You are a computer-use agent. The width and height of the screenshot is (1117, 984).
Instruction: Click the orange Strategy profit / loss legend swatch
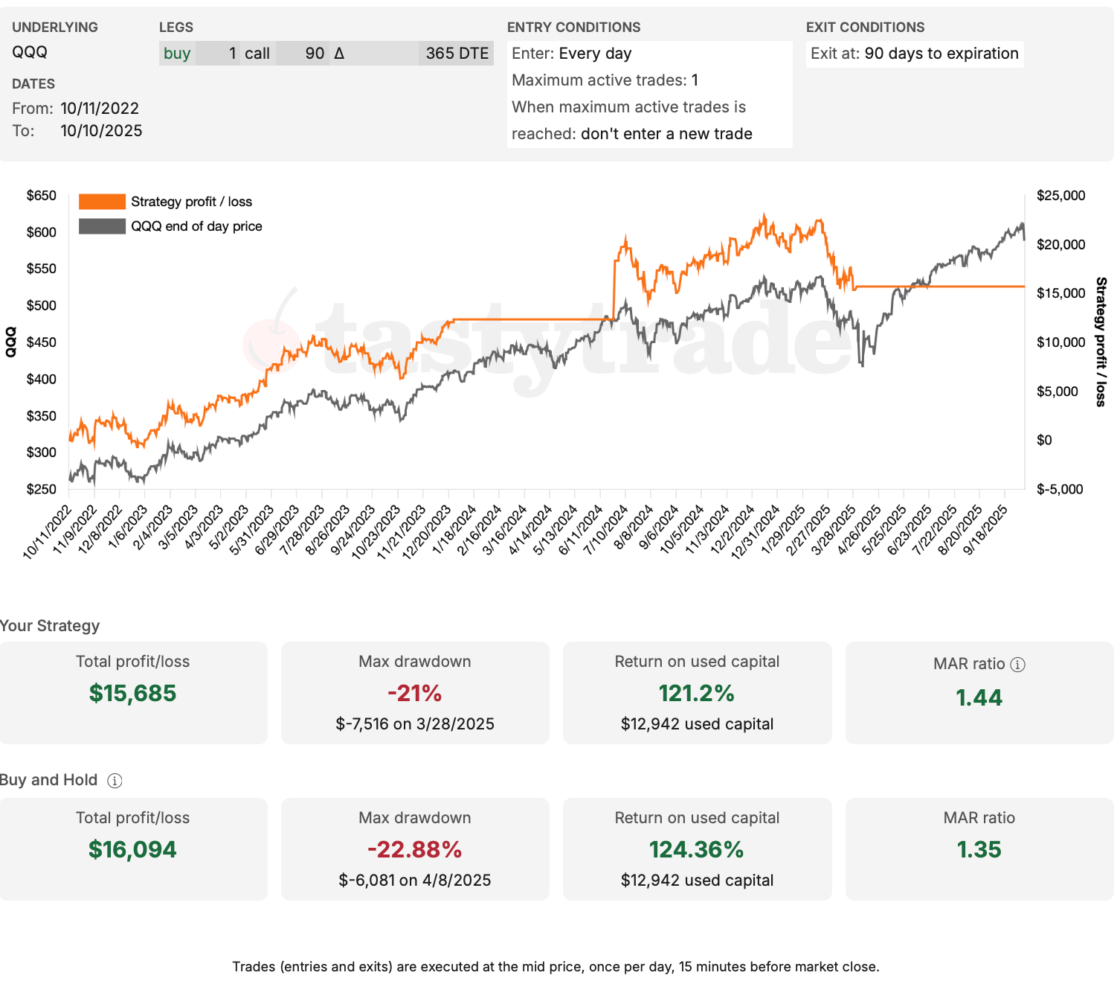102,202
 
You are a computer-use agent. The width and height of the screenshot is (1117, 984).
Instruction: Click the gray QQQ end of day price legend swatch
102,226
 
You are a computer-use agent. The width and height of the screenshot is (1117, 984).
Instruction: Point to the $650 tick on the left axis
41,196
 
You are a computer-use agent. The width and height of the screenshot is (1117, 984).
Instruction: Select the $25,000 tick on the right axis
1060,196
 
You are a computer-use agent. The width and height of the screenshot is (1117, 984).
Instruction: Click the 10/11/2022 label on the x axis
48,531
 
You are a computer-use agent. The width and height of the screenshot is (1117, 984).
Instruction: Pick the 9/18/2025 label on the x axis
985,530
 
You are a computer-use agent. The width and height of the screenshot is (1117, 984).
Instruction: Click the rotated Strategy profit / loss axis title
1101,342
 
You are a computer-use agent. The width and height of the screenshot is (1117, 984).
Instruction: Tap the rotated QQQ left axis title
11,342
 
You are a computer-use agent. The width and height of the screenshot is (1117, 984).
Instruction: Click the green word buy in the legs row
177,54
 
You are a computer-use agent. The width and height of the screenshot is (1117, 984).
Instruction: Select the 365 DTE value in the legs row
457,54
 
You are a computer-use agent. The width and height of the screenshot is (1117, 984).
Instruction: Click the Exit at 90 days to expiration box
914,54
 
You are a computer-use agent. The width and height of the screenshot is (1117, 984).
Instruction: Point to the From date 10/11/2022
100,109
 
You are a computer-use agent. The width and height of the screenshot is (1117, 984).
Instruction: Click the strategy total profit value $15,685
133,693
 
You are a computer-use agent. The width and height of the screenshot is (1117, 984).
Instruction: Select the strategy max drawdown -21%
414,693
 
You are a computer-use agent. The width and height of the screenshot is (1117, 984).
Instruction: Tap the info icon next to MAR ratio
1018,665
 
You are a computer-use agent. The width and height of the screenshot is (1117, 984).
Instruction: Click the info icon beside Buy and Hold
115,781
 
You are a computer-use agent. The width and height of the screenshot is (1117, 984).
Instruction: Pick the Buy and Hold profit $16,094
133,849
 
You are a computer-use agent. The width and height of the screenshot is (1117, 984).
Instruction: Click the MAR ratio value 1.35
979,849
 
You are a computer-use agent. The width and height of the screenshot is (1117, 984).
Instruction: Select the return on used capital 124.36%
696,849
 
